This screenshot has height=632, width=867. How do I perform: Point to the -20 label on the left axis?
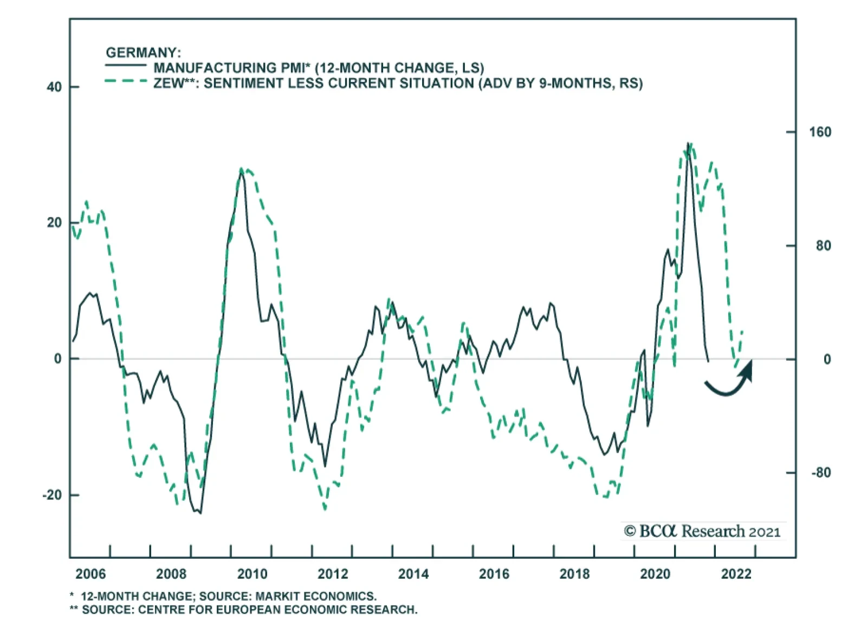(x=53, y=495)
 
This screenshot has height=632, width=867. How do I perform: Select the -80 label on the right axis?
(x=821, y=473)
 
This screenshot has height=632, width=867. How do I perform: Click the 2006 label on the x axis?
(x=90, y=574)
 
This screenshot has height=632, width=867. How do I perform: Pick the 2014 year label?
(x=413, y=574)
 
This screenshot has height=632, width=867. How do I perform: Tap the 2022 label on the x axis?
(x=736, y=574)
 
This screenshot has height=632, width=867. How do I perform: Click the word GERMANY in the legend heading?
(x=141, y=53)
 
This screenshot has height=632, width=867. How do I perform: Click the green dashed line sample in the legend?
(x=126, y=81)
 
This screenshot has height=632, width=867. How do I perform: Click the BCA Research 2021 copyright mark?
(x=702, y=531)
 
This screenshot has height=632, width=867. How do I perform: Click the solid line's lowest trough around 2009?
(x=200, y=513)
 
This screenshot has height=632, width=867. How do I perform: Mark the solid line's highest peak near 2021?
(x=688, y=144)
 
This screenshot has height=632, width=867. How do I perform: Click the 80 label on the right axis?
(x=823, y=246)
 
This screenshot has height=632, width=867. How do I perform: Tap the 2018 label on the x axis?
(x=574, y=574)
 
